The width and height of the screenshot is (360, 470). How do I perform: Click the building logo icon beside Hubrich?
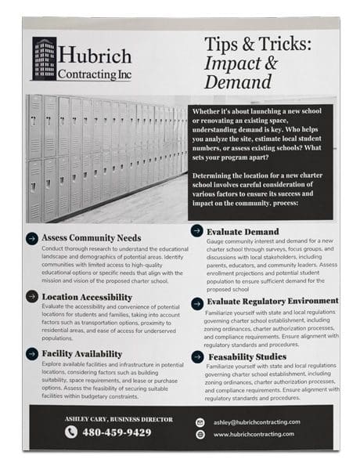[44, 60]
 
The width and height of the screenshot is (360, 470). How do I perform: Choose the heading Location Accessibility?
[87, 297]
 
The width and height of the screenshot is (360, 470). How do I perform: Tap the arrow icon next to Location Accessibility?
[31, 297]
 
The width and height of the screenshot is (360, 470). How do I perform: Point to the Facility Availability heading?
[82, 354]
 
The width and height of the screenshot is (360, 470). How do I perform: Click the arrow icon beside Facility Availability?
[31, 354]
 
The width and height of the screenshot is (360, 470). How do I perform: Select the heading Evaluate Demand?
[243, 232]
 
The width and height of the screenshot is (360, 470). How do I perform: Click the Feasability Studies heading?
[247, 356]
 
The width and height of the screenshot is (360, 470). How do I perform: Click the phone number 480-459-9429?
[118, 432]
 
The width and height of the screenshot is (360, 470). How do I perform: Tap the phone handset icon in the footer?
[71, 432]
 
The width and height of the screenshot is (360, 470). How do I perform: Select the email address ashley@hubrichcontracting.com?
[254, 421]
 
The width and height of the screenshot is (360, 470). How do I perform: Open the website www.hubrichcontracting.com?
[254, 434]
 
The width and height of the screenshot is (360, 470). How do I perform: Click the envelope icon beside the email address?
[200, 421]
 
